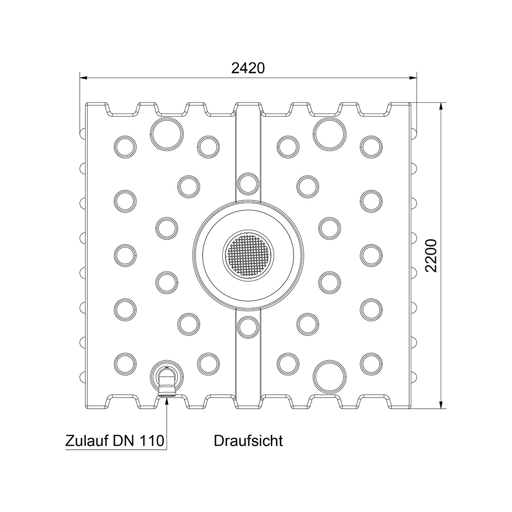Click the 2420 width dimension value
pyautogui.click(x=248, y=68)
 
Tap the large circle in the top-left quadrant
pyautogui.click(x=166, y=134)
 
